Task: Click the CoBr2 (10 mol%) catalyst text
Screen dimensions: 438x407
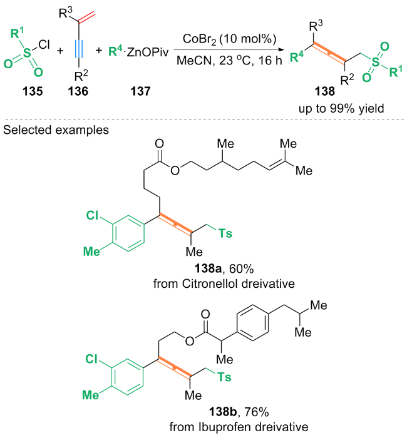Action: pyautogui.click(x=214, y=41)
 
